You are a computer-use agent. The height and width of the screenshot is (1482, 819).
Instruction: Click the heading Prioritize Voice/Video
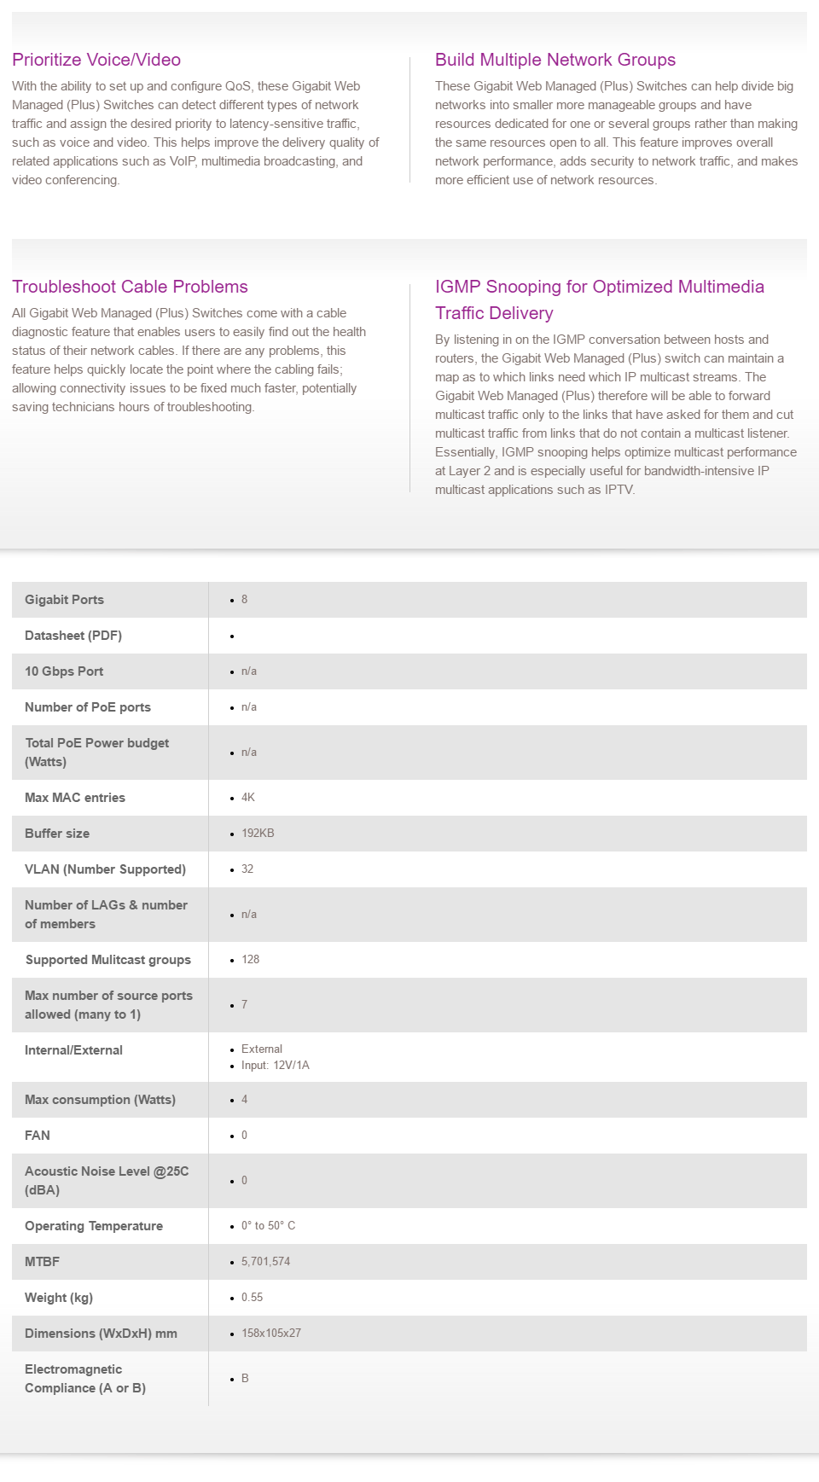coord(96,60)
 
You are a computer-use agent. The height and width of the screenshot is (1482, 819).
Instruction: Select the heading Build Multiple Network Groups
coord(555,60)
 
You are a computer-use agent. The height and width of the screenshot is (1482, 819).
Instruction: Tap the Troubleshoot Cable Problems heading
coord(130,287)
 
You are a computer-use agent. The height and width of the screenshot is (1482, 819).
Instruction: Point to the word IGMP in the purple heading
coord(457,287)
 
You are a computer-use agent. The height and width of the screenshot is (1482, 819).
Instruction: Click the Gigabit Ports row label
coord(64,600)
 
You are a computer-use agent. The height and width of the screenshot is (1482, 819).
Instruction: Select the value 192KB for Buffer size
coord(258,834)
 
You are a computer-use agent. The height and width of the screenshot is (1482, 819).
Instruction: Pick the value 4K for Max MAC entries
coord(248,798)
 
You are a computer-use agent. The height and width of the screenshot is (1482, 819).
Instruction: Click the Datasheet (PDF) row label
coord(73,636)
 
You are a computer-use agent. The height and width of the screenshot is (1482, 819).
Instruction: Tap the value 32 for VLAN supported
coord(247,869)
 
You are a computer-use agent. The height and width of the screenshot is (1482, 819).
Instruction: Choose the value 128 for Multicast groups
coord(250,960)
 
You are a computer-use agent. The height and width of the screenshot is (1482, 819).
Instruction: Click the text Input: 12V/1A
coord(276,1066)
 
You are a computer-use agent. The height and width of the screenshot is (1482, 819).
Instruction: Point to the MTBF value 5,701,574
coord(265,1262)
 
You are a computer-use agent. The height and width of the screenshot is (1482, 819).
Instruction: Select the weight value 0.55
coord(252,1298)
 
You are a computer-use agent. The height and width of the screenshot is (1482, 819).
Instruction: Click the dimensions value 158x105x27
coord(271,1334)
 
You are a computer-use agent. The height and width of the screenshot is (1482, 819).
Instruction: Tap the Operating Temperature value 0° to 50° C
coord(268,1226)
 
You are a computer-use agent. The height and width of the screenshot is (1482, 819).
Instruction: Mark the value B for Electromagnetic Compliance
coord(245,1379)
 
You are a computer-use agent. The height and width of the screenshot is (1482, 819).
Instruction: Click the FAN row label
coord(38,1136)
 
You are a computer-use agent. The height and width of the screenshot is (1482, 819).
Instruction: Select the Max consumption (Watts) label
coord(100,1100)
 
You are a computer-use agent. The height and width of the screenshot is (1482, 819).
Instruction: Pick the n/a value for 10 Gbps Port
coord(249,671)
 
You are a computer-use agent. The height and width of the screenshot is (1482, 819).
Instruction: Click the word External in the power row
coord(262,1049)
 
